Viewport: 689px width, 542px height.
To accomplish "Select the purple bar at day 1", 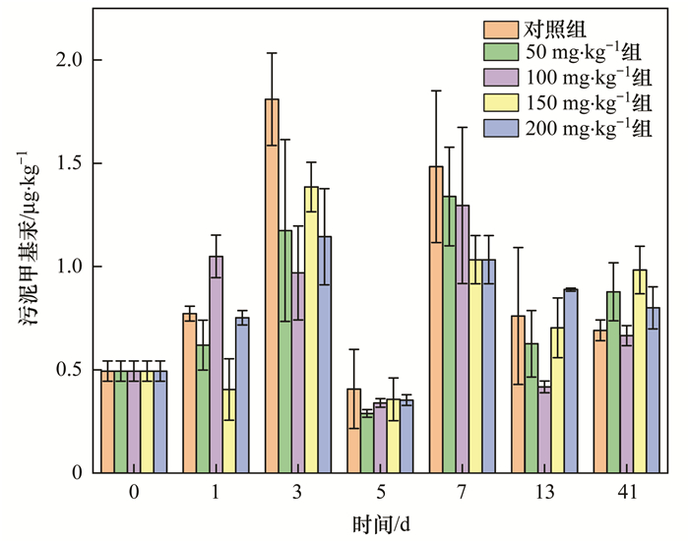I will (x=216, y=364).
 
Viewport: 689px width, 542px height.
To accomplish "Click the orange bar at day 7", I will (x=436, y=320).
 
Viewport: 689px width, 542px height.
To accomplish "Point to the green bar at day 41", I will (x=613, y=383).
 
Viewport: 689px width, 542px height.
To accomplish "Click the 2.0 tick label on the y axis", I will (x=67, y=60).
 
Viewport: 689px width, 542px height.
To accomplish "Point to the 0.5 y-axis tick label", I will (x=67, y=370).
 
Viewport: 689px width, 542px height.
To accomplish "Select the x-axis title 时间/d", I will (x=380, y=524).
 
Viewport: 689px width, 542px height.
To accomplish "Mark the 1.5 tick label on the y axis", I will (x=67, y=163).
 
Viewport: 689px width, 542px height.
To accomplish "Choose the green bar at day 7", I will (x=449, y=334).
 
